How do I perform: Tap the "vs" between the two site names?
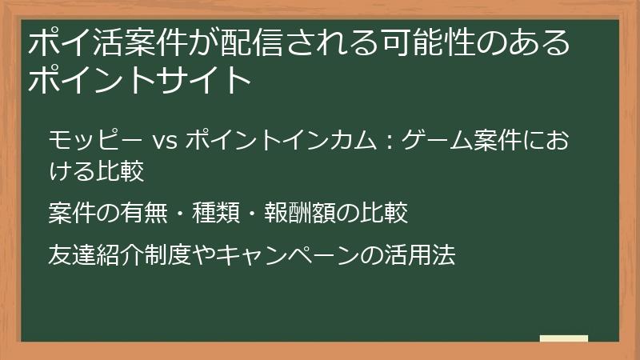coord(160,141)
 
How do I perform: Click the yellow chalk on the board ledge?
coord(563,338)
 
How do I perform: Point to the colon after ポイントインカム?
coord(386,141)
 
